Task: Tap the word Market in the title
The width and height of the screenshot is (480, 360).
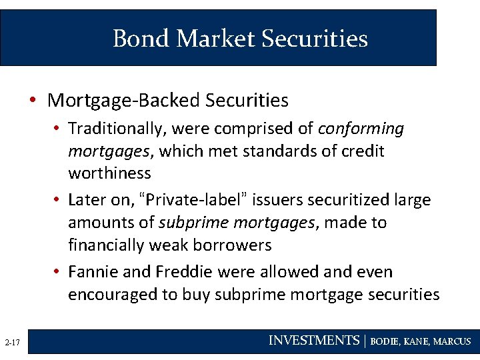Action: pos(215,39)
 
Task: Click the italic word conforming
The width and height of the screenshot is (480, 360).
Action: pos(361,128)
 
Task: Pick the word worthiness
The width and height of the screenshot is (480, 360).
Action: pos(109,173)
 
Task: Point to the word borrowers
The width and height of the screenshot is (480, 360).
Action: pos(231,245)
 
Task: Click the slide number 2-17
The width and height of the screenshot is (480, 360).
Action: pos(13,343)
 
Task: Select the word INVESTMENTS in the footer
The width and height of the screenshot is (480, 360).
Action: pos(313,341)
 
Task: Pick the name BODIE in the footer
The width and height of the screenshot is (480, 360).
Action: pos(385,341)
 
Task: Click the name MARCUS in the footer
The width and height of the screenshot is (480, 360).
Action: pos(452,341)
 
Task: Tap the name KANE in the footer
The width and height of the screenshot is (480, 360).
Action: pos(417,341)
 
